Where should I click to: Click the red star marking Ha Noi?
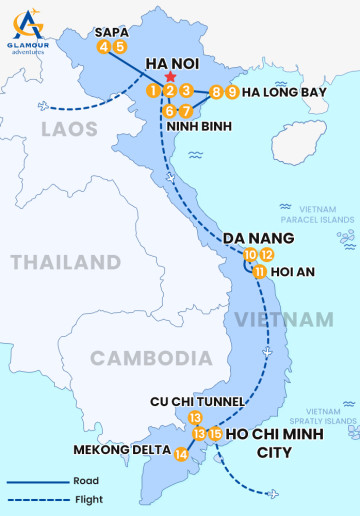(x=171, y=77)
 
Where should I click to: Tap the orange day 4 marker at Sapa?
(x=104, y=46)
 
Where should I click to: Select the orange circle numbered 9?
(x=232, y=93)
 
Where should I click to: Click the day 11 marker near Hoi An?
(x=259, y=271)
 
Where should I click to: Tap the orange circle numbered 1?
(x=152, y=91)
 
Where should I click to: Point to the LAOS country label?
(x=69, y=129)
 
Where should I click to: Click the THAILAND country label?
(x=65, y=263)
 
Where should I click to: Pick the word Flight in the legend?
(x=86, y=499)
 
